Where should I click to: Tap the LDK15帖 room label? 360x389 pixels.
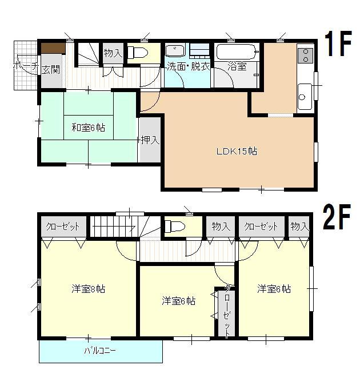236,152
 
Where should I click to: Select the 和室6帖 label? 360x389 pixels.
83,127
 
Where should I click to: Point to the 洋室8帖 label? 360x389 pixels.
88,289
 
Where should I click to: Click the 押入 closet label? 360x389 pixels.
150,139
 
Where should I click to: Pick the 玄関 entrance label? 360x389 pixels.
50,70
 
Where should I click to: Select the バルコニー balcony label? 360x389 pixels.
101,351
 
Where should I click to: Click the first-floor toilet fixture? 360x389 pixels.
137,53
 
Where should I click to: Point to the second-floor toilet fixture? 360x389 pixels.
173,227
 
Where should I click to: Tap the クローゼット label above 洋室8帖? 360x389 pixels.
63,226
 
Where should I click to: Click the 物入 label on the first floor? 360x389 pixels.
113,53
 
